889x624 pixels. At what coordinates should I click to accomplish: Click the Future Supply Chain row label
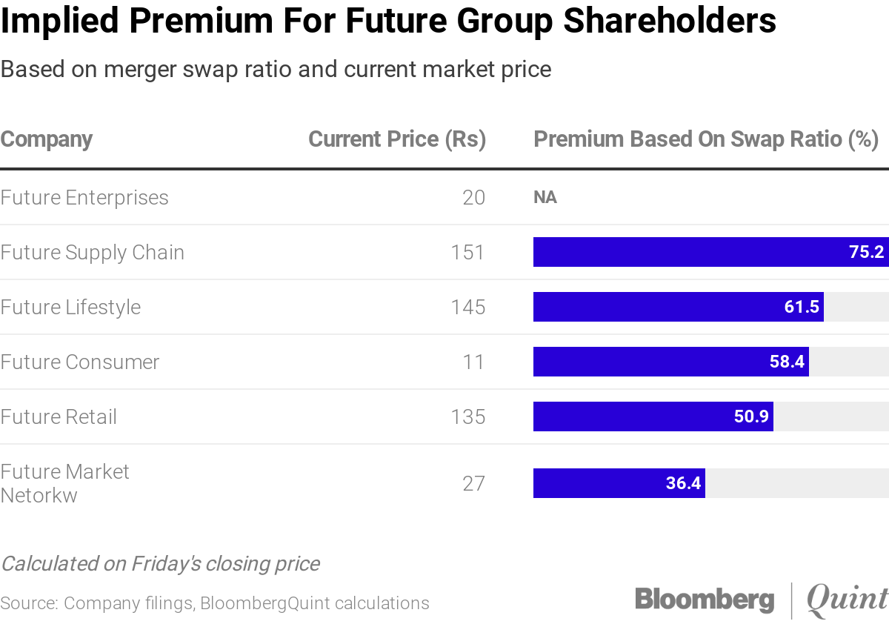click(x=92, y=253)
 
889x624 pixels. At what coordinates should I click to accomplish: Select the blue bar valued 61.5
click(x=678, y=307)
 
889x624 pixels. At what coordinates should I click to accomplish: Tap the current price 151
click(x=467, y=253)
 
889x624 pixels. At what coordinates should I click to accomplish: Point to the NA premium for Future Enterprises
click(x=545, y=198)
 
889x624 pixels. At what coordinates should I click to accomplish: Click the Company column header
click(x=47, y=139)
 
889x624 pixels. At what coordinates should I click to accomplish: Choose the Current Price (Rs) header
click(x=397, y=139)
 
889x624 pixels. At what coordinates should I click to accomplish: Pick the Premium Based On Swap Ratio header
click(x=705, y=139)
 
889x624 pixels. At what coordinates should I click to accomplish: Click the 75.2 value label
click(x=866, y=252)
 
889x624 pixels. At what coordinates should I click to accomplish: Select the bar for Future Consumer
click(x=670, y=362)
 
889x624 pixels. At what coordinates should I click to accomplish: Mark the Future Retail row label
click(x=59, y=417)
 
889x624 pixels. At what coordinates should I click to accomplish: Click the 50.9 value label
click(x=751, y=416)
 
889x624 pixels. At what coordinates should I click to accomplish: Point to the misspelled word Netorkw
click(x=39, y=495)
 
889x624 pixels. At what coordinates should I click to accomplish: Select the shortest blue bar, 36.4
click(x=619, y=483)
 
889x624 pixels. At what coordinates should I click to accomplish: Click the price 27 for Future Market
click(x=473, y=484)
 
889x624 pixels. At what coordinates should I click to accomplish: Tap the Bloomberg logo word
click(x=704, y=600)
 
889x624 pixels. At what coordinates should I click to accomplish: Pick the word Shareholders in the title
click(x=670, y=21)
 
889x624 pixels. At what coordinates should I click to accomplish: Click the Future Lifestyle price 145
click(x=467, y=308)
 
